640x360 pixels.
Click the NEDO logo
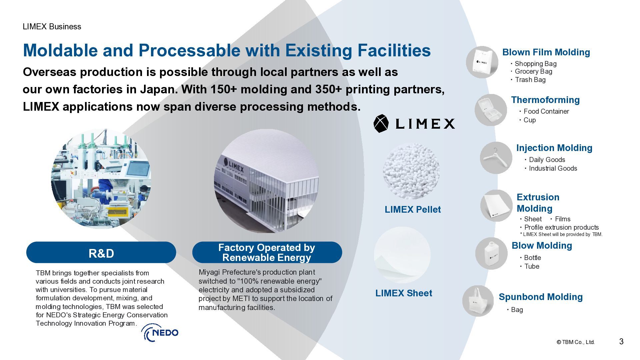click(x=160, y=333)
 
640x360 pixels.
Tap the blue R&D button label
click(x=101, y=253)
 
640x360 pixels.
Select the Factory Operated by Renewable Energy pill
click(x=267, y=252)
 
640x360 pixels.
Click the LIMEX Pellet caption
click(x=413, y=209)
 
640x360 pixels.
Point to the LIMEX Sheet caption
click(x=404, y=293)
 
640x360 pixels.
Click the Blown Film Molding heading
click(x=546, y=52)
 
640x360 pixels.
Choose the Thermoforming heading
click(x=545, y=100)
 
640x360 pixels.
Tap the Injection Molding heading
click(x=554, y=148)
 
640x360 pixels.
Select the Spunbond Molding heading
click(x=541, y=297)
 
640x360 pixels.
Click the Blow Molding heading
click(x=542, y=245)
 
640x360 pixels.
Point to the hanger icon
click(x=496, y=158)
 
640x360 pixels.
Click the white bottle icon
click(x=491, y=254)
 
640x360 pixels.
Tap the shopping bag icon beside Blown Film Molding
click(x=482, y=62)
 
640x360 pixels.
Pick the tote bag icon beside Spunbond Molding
click(x=478, y=301)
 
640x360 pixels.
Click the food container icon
click(x=491, y=110)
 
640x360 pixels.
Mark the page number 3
click(x=621, y=341)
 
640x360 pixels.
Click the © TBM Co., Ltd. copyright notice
click(x=575, y=342)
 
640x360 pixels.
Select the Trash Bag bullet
click(x=530, y=80)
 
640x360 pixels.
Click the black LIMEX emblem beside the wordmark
click(x=381, y=124)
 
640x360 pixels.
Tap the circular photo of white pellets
click(x=411, y=171)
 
